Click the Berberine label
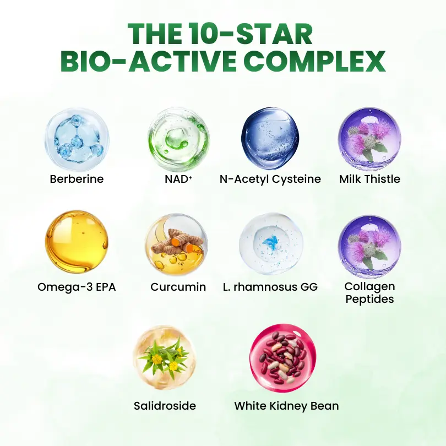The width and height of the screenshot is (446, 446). (77, 179)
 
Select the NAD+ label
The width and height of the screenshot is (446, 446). (178, 179)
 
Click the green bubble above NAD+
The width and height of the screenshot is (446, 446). (178, 139)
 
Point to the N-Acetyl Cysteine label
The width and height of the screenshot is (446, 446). (270, 179)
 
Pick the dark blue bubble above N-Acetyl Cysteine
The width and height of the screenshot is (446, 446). (270, 138)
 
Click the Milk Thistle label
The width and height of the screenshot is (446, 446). (370, 179)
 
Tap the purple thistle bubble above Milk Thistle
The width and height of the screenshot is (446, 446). (369, 139)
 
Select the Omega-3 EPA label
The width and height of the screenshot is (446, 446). (77, 287)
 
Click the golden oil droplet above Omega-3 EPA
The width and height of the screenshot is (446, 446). (77, 242)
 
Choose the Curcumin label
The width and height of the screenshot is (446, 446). (178, 287)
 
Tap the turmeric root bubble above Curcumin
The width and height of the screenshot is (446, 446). (177, 244)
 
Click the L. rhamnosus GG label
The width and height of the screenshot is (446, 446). (270, 287)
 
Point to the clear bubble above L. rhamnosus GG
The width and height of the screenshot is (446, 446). (271, 244)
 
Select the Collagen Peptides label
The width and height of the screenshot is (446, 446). (370, 293)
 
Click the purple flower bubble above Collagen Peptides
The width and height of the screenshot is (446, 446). (369, 246)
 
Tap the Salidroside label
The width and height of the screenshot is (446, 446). (165, 406)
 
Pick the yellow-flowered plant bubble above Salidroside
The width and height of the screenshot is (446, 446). (165, 357)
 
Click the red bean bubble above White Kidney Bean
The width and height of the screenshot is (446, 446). (283, 358)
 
